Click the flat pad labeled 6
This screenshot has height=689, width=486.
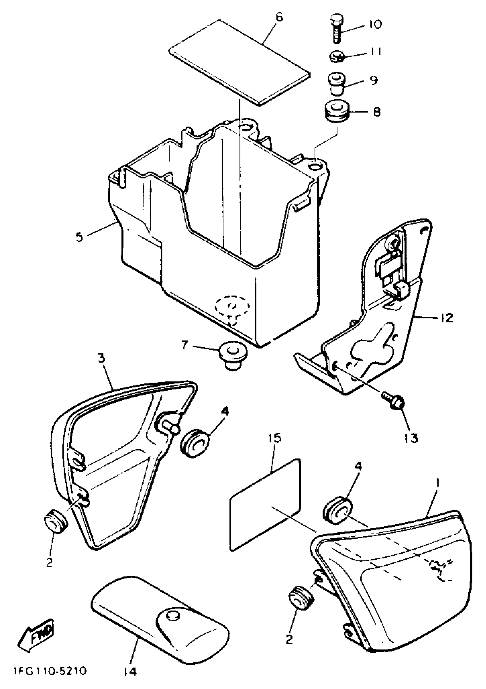click(x=239, y=63)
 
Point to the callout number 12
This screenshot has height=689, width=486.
click(x=447, y=318)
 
